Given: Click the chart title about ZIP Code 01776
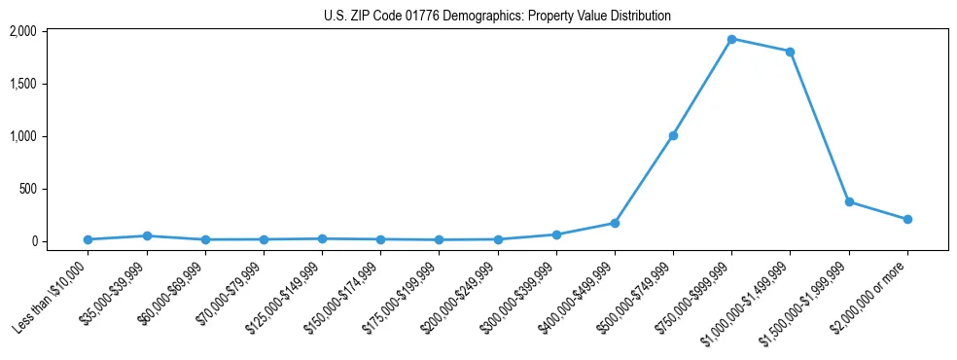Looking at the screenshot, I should pyautogui.click(x=497, y=17).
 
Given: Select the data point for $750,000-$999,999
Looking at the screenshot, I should pyautogui.click(x=731, y=39).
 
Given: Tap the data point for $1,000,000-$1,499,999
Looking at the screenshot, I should pyautogui.click(x=790, y=52).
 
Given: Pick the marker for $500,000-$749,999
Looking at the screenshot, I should pyautogui.click(x=673, y=135).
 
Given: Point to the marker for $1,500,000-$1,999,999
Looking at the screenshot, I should pyautogui.click(x=849, y=201).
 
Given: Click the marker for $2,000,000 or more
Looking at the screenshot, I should pyautogui.click(x=907, y=219).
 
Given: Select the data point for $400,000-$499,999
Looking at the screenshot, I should pyautogui.click(x=615, y=223).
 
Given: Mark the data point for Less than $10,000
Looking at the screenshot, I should pyautogui.click(x=88, y=239).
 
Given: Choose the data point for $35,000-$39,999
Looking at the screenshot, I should pyautogui.click(x=146, y=235).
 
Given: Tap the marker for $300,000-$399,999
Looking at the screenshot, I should pyautogui.click(x=556, y=234).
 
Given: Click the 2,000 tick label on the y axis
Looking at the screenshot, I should pyautogui.click(x=50, y=31).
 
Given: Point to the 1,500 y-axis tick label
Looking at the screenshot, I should pyautogui.click(x=50, y=84).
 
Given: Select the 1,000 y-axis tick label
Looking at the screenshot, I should pyautogui.click(x=50, y=136).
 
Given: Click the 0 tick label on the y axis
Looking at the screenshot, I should pyautogui.click(x=60, y=241).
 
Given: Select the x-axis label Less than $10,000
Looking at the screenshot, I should pyautogui.click(x=51, y=294).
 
